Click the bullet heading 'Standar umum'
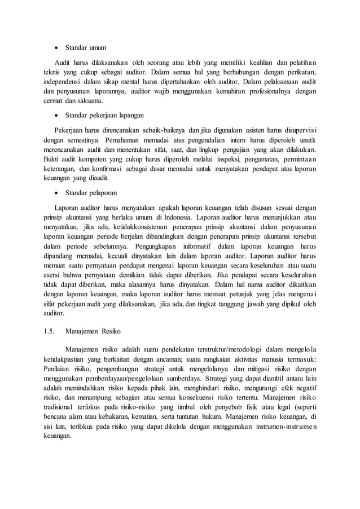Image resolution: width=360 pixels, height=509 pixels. [85, 47]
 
